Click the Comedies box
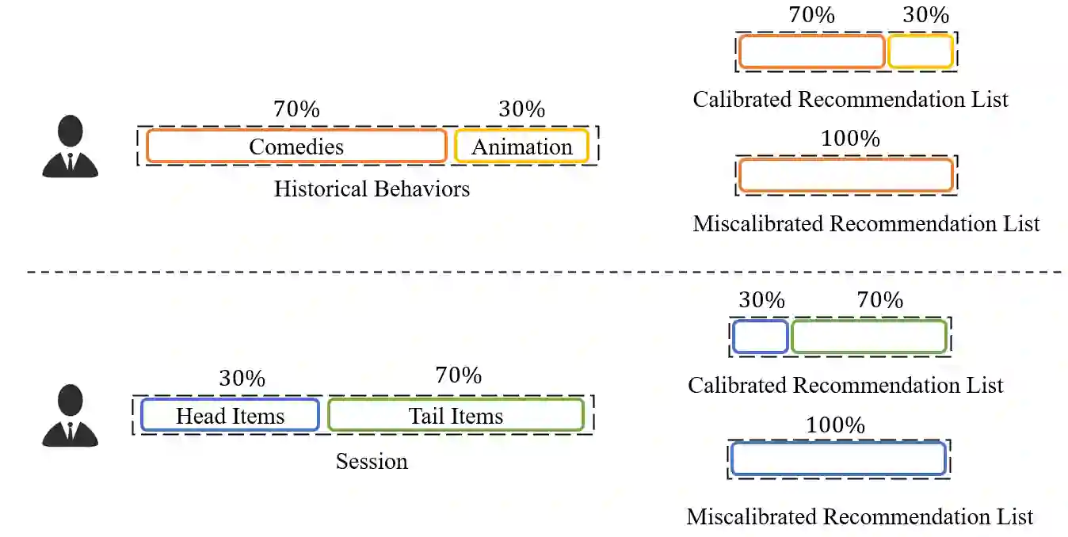[296, 147]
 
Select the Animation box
[521, 147]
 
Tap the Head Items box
[230, 416]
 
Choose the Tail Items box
[456, 416]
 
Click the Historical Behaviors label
[372, 189]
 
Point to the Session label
[372, 461]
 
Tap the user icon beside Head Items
[71, 416]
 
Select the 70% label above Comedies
[296, 109]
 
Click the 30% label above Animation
[521, 109]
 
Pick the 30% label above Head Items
[242, 379]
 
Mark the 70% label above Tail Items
[458, 375]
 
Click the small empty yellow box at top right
[920, 52]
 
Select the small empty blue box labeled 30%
[760, 337]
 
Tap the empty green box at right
[868, 337]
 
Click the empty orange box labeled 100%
[845, 175]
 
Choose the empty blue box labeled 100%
[838, 459]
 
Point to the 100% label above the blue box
[835, 425]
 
